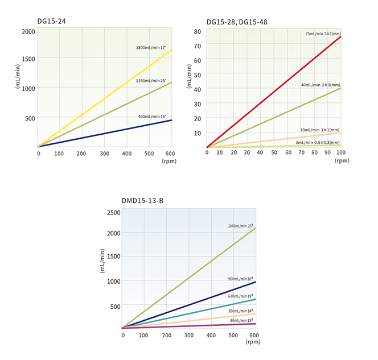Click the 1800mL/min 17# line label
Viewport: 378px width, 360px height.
(x=151, y=47)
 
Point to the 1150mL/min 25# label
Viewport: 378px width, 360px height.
(x=151, y=81)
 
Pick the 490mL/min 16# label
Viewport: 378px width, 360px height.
(x=152, y=116)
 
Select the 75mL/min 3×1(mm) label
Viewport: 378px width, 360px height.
(x=323, y=34)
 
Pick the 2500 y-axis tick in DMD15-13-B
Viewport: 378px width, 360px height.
(x=113, y=212)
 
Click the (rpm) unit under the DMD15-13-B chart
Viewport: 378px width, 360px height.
(x=253, y=342)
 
